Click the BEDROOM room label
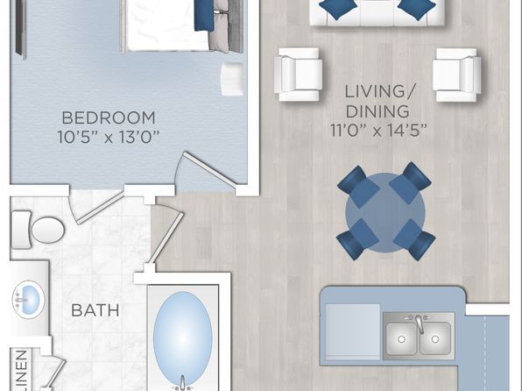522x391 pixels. pos(109,118)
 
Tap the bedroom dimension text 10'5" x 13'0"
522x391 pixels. pos(109,137)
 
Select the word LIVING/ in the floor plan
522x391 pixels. pos(380,92)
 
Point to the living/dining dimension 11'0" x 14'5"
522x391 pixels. pos(378,131)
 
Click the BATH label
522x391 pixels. pos(95,310)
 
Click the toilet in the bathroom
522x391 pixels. pos(38,230)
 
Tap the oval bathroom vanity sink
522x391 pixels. pos(29,299)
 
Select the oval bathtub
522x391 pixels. pos(183,338)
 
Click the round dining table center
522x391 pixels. pos(385,212)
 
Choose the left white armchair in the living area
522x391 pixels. pos(298,75)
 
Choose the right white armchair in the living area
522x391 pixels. pos(457,75)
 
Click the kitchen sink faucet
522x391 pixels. pos(420,323)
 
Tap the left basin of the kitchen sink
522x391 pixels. pos(401,338)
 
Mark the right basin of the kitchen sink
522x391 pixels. pos(435,338)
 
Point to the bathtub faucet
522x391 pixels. pos(182,383)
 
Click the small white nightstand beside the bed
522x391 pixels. pos(232,79)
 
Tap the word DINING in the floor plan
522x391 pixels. pos(377,111)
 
